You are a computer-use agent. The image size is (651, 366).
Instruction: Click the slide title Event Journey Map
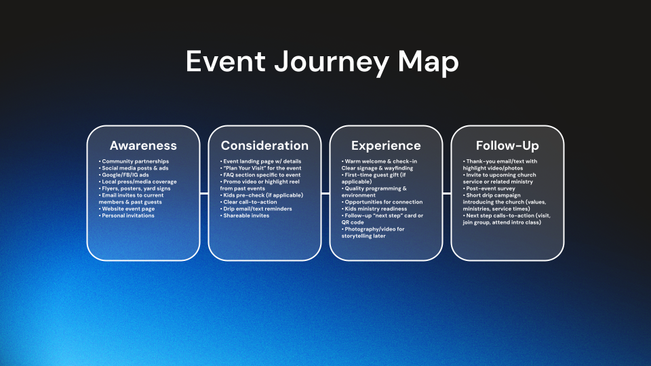point(322,62)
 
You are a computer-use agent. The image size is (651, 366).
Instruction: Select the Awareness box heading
point(143,146)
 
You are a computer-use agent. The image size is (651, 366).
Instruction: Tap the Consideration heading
point(264,146)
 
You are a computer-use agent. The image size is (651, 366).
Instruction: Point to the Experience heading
point(386,146)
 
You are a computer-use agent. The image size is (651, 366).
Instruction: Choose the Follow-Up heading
point(507,146)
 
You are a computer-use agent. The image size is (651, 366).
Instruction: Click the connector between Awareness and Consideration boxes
point(204,193)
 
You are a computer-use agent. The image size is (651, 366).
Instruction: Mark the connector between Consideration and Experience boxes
point(325,193)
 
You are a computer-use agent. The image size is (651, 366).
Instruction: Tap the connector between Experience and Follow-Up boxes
point(447,193)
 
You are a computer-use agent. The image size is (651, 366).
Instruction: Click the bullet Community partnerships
point(134,161)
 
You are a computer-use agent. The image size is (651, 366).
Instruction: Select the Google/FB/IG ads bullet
point(123,175)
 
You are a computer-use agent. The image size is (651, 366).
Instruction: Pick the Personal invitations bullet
point(127,216)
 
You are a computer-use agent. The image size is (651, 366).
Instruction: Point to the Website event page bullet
point(127,209)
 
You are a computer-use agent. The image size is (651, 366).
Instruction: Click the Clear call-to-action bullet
point(248,202)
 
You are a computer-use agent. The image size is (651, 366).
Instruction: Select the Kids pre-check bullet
point(262,195)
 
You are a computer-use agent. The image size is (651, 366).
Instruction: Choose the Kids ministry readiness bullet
point(374,209)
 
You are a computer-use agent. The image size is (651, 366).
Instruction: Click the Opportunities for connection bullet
point(382,202)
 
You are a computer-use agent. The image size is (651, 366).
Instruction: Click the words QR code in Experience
point(353,222)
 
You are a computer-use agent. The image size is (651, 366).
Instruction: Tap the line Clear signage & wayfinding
point(378,168)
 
